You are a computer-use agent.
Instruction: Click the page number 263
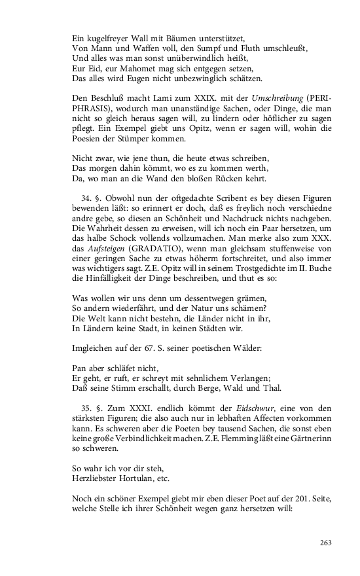[x=326, y=542]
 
